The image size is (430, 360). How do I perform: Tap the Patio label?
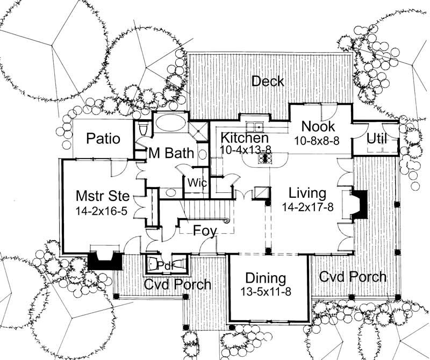coord(103,139)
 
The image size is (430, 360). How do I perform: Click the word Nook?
coord(318,127)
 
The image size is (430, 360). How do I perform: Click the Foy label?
coord(205,232)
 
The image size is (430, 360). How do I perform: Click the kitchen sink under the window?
coord(254,127)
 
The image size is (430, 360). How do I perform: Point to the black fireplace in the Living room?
coord(360,205)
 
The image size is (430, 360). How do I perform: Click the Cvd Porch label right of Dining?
coord(352,277)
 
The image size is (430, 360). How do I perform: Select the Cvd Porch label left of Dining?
coord(177,284)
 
